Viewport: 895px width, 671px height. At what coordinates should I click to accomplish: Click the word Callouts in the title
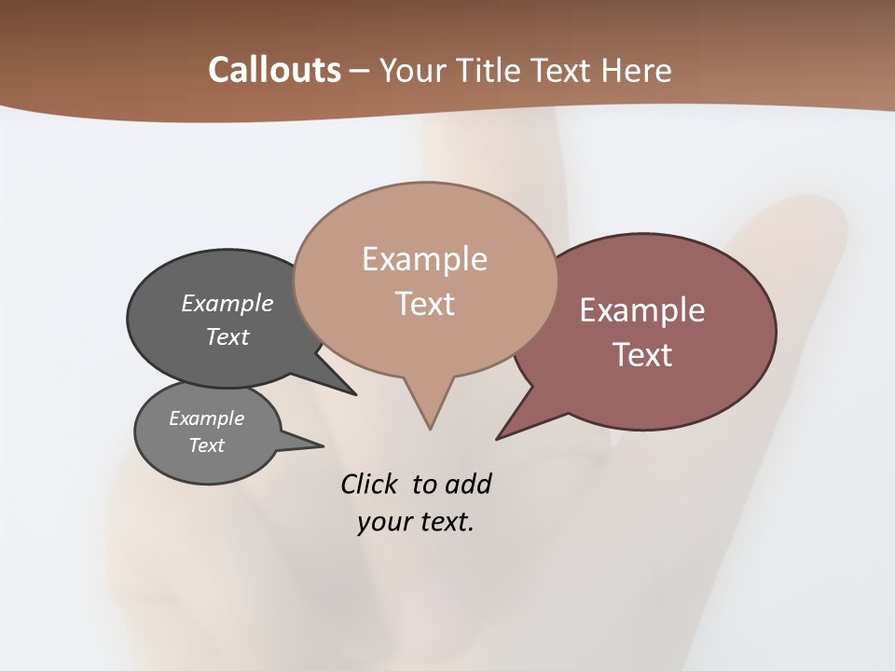click(x=274, y=70)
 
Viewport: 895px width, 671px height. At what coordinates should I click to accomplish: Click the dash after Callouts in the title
click(x=360, y=71)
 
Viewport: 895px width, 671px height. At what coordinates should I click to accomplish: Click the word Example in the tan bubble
click(x=424, y=259)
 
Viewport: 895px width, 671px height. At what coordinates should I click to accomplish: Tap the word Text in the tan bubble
click(x=424, y=304)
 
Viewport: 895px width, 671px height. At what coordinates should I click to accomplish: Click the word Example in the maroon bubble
click(x=642, y=310)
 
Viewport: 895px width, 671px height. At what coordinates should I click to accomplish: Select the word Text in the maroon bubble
click(x=642, y=355)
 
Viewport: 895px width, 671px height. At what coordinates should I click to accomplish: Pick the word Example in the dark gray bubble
click(x=227, y=303)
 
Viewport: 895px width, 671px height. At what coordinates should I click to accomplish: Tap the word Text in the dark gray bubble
click(x=227, y=336)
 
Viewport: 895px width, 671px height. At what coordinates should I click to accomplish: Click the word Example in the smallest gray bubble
click(x=206, y=418)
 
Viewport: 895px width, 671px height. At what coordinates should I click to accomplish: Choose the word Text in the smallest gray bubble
click(x=206, y=445)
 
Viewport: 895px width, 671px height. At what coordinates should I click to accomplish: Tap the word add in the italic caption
click(x=468, y=484)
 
